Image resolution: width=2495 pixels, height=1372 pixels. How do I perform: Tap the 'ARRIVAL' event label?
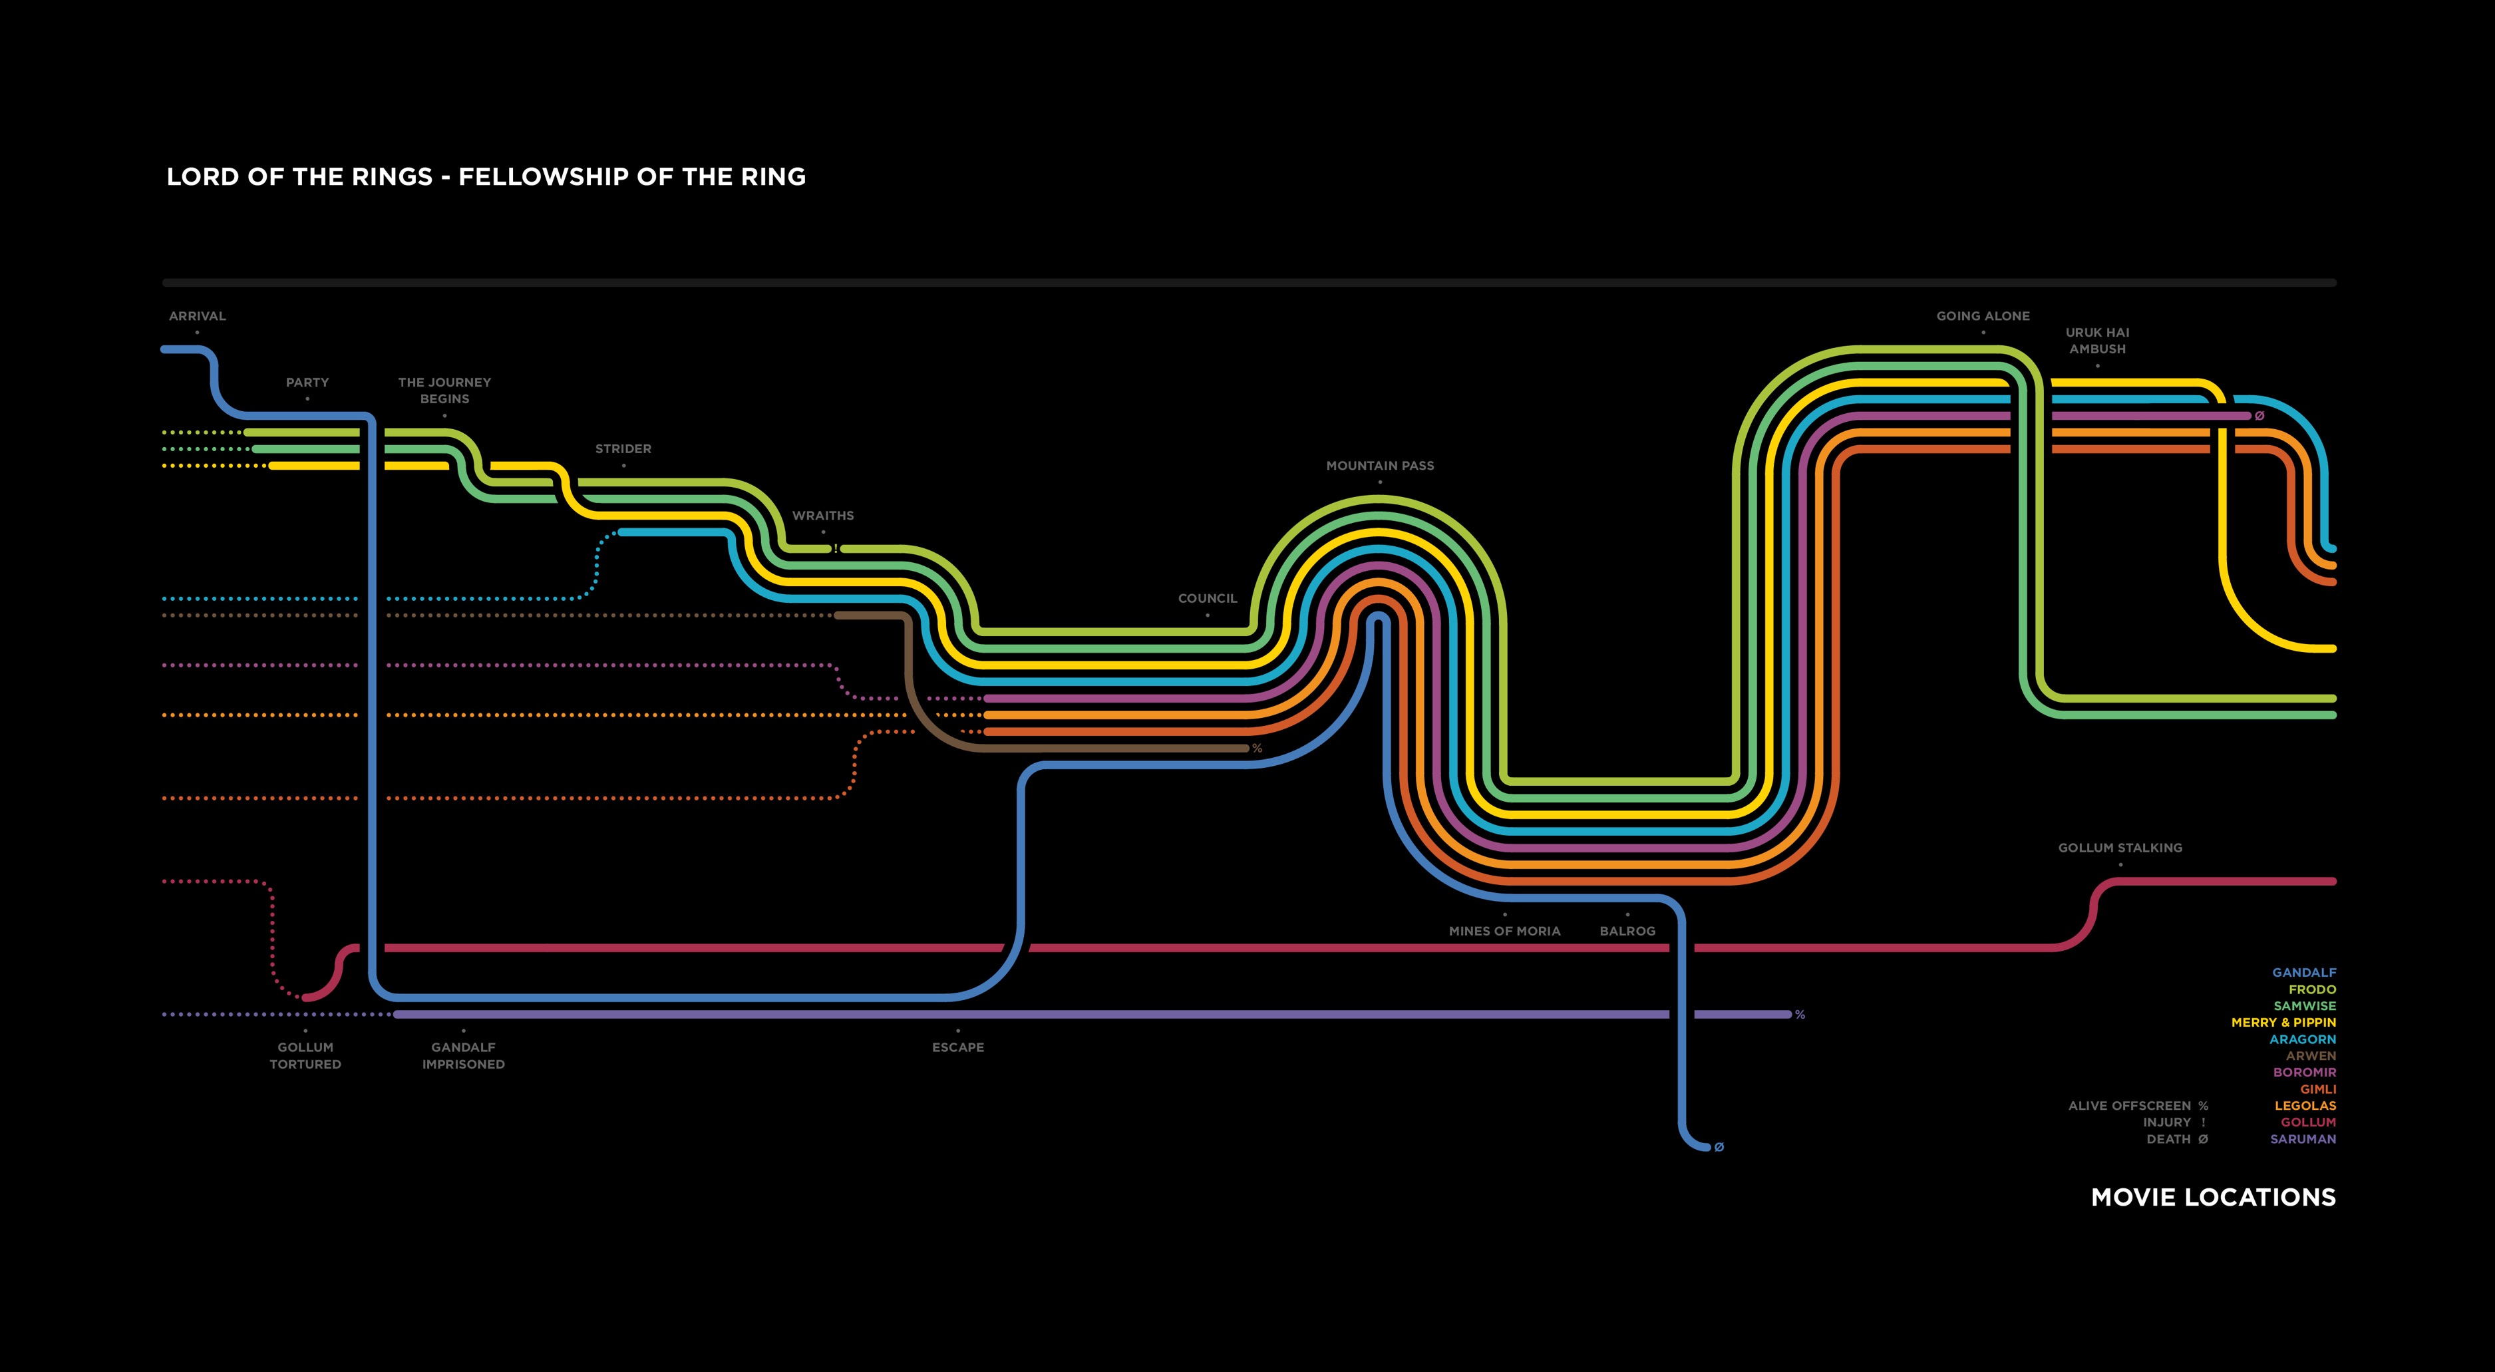click(197, 316)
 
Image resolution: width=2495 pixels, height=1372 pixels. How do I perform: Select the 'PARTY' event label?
click(307, 383)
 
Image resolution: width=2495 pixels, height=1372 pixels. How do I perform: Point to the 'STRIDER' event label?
click(623, 448)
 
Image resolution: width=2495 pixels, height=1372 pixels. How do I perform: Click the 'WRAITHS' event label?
click(822, 516)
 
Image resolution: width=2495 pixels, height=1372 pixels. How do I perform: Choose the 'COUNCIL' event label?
click(1207, 599)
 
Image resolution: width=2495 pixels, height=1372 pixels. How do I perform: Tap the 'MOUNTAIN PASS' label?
click(1379, 466)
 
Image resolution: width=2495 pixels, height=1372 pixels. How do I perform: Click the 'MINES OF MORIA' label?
click(1504, 931)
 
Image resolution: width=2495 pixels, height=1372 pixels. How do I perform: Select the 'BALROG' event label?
click(1627, 931)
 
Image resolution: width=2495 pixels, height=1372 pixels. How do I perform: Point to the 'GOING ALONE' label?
click(1983, 316)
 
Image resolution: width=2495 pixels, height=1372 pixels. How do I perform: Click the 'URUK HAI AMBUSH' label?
click(2097, 340)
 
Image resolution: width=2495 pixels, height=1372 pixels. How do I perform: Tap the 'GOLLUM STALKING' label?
click(2120, 848)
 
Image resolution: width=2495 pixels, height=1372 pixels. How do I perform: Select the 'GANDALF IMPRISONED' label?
click(463, 1055)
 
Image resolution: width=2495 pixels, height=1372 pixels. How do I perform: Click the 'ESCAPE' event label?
click(958, 1047)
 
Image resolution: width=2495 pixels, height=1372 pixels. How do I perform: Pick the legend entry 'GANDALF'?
click(2303, 973)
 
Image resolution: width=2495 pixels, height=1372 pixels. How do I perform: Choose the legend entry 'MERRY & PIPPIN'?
click(2283, 1022)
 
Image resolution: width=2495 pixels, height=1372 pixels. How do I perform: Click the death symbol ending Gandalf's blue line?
click(1719, 1147)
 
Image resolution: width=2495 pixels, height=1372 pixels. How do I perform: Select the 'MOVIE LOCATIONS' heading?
click(2213, 1198)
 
